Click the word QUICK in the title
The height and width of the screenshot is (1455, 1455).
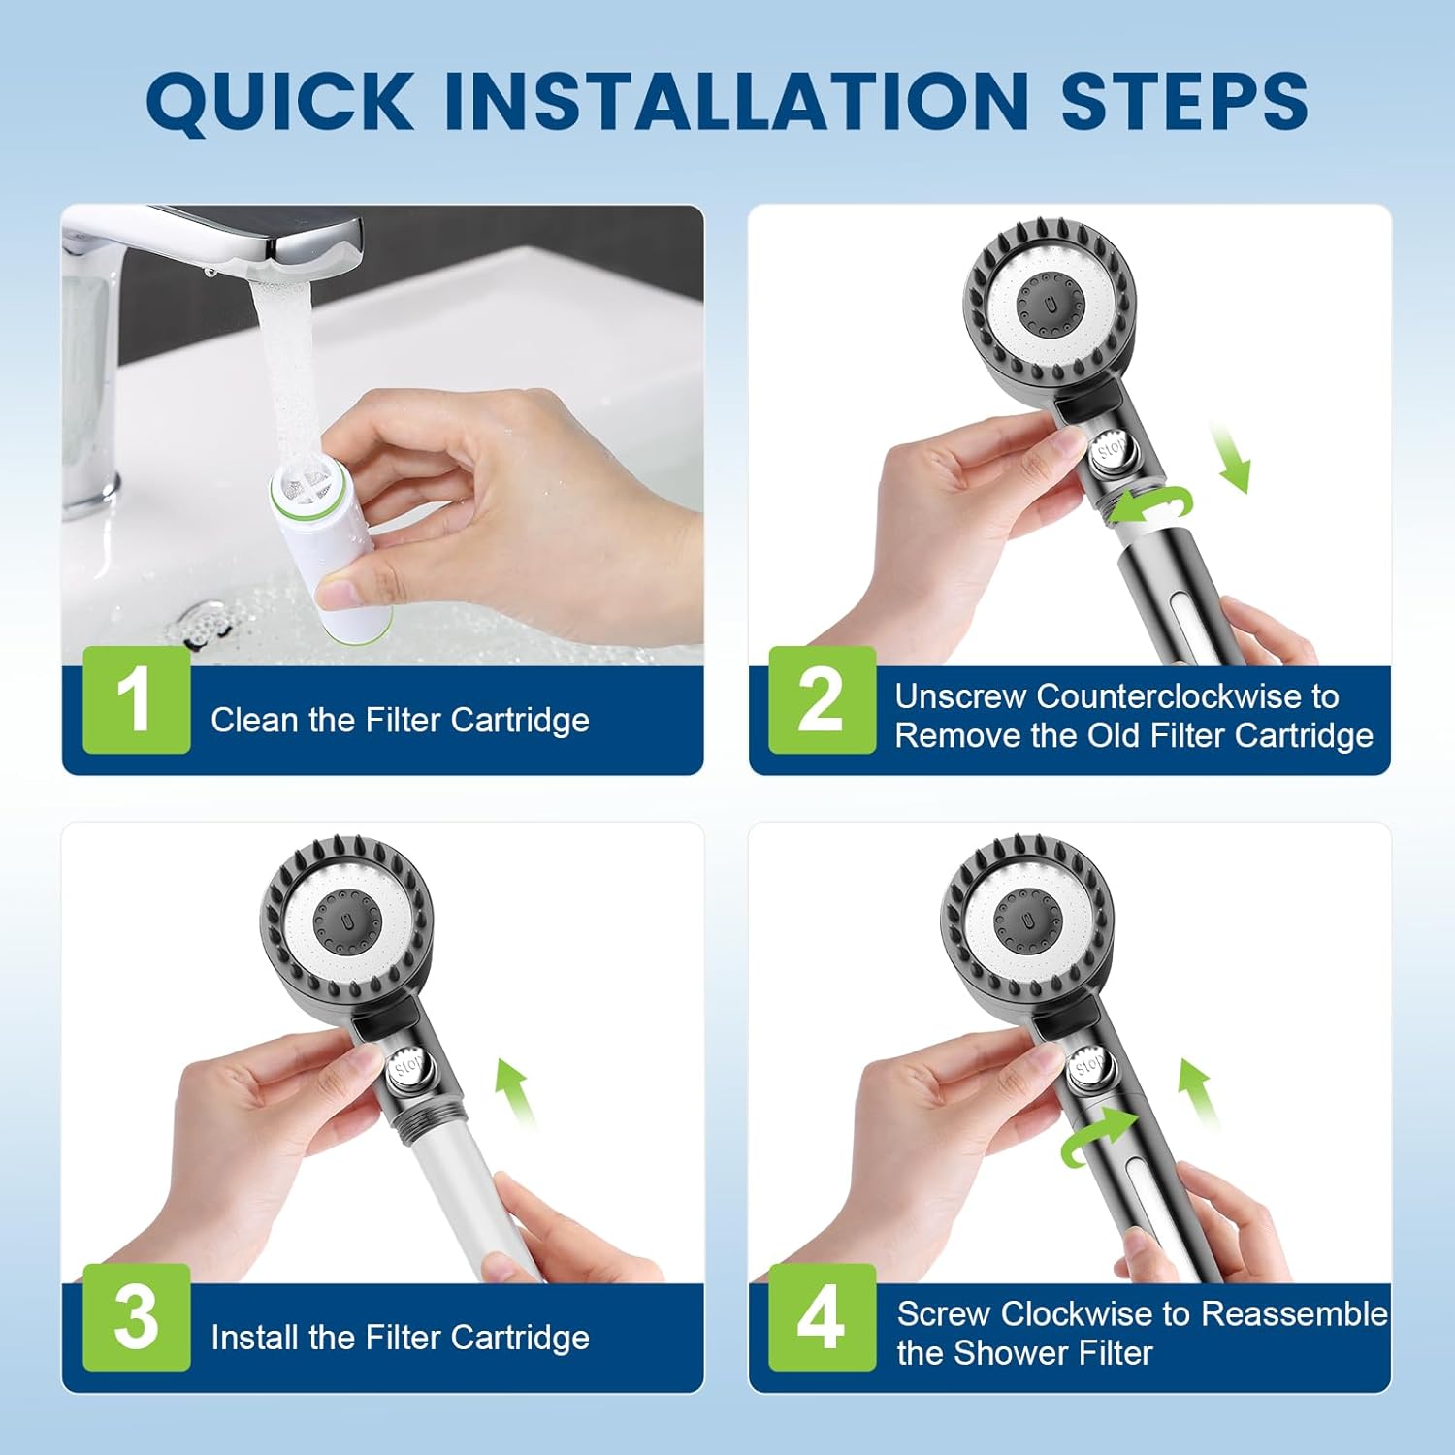(x=280, y=102)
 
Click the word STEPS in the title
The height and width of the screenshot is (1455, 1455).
(x=1184, y=100)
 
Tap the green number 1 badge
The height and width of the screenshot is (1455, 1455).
(x=136, y=700)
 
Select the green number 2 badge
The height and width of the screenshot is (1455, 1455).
(x=822, y=700)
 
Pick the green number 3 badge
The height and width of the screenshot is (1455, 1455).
(x=136, y=1317)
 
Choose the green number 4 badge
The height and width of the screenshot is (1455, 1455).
(x=822, y=1317)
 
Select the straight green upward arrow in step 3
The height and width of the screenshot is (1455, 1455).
(x=513, y=1091)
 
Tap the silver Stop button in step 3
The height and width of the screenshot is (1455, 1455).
(x=408, y=1067)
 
